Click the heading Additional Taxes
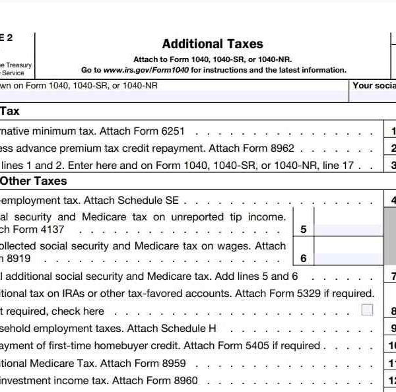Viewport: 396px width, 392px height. point(213,44)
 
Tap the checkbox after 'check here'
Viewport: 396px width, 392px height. point(367,310)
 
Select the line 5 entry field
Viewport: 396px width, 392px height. point(347,230)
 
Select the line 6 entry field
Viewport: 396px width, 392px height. point(347,259)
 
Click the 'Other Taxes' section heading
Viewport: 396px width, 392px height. point(34,180)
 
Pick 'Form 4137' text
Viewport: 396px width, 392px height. point(59,230)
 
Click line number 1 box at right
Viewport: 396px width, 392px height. point(392,131)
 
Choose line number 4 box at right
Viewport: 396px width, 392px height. point(392,201)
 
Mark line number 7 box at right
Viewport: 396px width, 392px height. point(392,277)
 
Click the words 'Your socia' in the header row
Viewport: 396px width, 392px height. point(374,85)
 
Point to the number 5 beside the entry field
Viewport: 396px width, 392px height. point(303,230)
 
